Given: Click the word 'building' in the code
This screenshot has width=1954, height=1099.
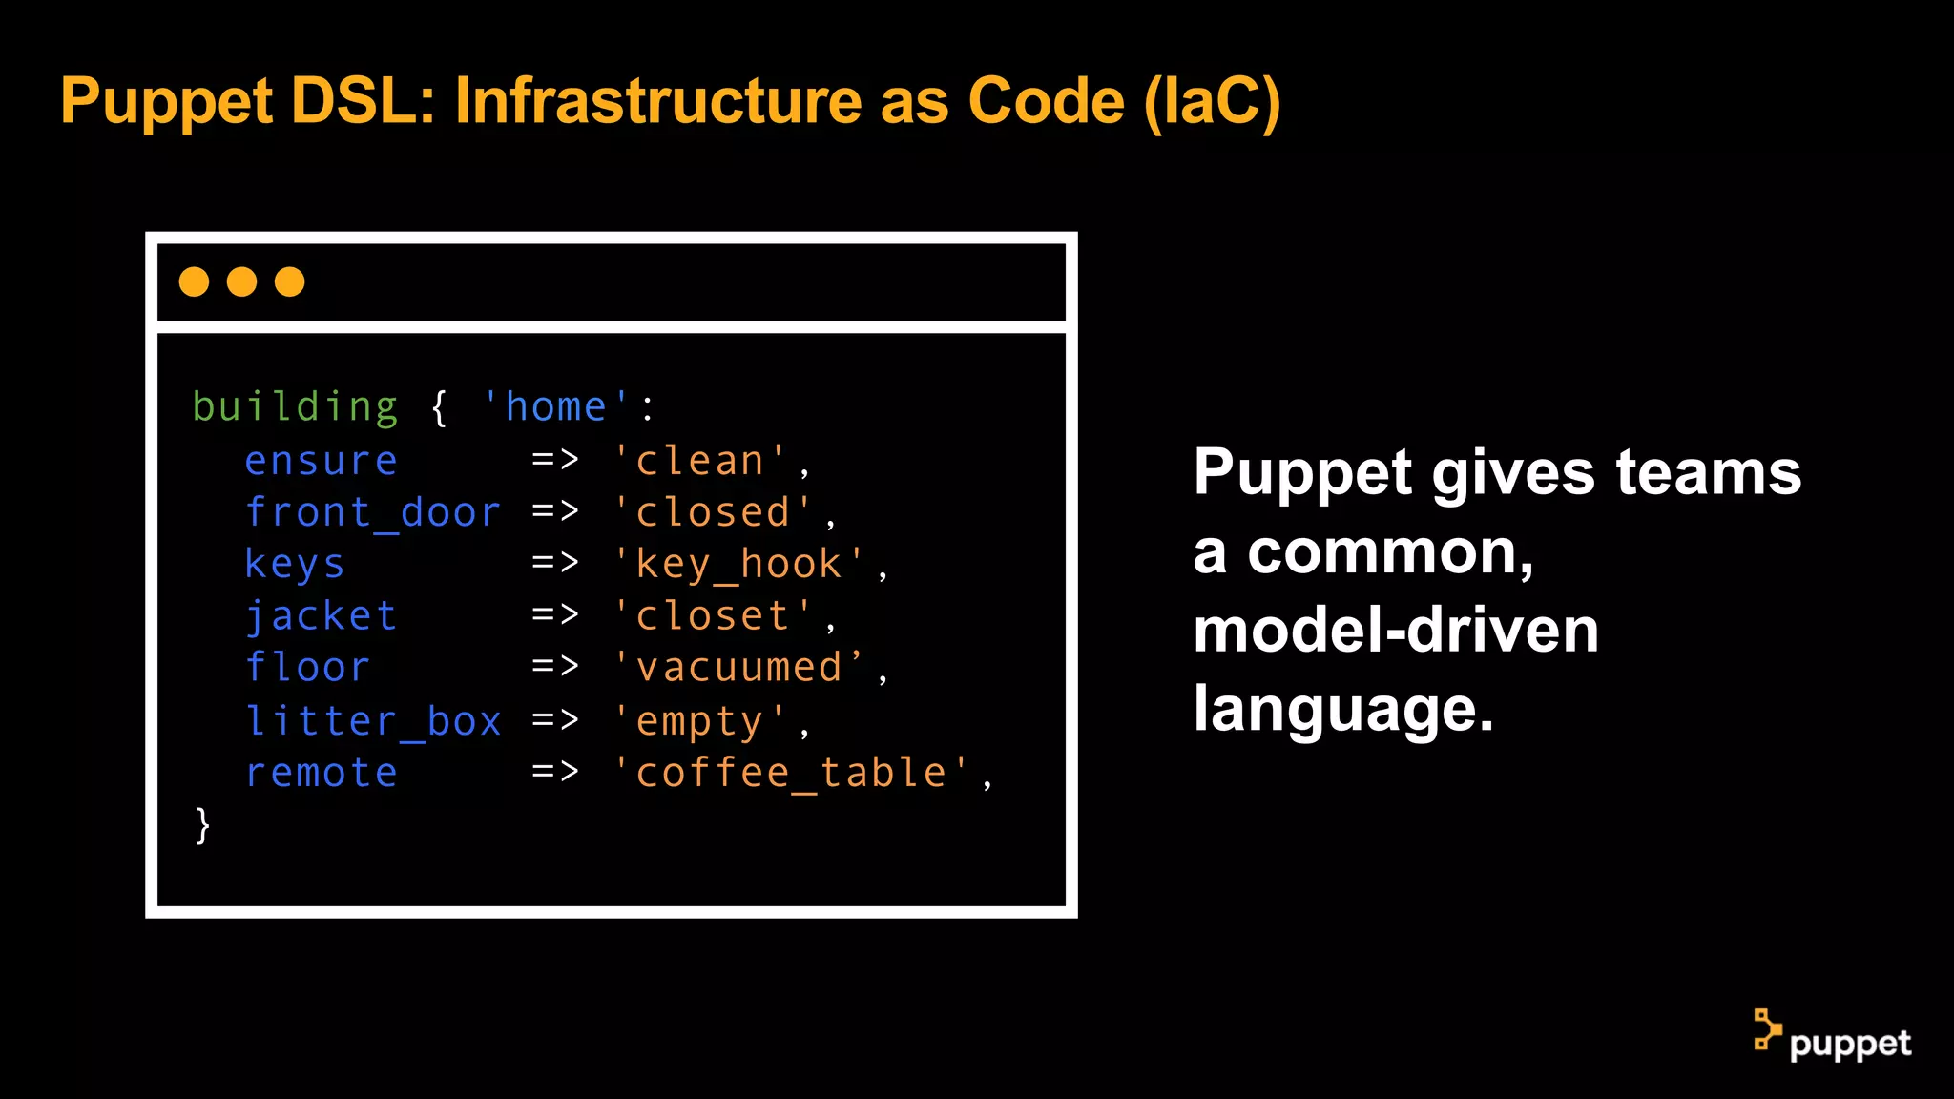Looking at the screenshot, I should click(295, 408).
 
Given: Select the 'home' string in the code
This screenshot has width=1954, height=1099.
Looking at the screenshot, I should click(555, 407).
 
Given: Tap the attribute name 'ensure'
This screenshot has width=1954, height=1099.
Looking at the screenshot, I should click(321, 462).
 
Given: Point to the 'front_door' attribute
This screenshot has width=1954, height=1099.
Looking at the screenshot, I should click(373, 513).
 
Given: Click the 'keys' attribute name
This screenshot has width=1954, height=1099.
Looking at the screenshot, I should click(294, 565).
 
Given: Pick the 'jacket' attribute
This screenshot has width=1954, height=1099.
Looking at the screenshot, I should click(321, 616).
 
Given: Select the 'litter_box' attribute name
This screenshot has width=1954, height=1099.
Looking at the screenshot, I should click(373, 721).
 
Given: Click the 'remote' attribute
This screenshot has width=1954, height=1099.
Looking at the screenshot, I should click(321, 773).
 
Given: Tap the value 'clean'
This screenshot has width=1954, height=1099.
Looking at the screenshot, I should click(699, 462).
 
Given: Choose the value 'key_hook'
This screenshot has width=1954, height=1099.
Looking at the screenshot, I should click(738, 565).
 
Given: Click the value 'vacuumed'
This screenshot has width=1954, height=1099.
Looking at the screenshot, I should click(738, 668).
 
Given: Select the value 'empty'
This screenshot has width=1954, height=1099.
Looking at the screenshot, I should click(699, 721).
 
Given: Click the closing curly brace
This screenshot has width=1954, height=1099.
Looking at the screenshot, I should click(202, 825).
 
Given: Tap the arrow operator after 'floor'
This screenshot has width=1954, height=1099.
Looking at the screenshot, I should click(555, 666).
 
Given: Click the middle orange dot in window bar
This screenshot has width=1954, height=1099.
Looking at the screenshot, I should click(241, 281).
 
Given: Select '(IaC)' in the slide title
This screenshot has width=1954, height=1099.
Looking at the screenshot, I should click(1212, 101).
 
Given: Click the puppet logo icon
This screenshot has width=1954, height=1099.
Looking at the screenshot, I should click(1767, 1030).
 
